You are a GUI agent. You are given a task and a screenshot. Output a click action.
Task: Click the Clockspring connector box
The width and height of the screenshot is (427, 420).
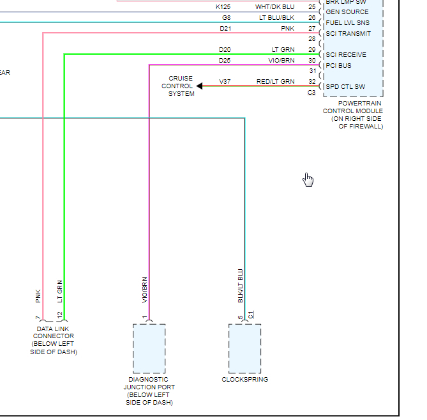point(244,348)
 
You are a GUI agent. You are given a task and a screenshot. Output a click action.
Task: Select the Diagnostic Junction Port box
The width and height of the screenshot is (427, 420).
point(149,348)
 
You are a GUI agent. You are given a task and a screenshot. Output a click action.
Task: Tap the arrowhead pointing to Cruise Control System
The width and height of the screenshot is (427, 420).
point(200,86)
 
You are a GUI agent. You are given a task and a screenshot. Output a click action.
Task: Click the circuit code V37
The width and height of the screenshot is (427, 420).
point(225,82)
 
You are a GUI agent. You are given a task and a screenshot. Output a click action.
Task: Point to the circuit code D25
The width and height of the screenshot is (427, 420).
point(225,60)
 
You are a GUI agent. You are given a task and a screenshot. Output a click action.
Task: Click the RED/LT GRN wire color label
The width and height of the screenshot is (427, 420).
point(275,82)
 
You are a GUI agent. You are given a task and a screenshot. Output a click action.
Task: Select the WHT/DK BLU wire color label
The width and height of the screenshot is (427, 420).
point(275,6)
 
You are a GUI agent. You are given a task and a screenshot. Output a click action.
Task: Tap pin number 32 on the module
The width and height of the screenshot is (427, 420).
point(311,82)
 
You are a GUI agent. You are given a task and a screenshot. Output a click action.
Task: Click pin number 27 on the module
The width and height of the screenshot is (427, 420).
point(311,29)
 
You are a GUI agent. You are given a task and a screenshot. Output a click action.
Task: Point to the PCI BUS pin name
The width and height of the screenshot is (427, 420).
point(338,66)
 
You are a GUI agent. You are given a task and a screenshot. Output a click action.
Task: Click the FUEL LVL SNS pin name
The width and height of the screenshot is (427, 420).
point(347,22)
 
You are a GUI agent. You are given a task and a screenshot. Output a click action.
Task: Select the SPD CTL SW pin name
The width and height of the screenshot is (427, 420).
point(345,86)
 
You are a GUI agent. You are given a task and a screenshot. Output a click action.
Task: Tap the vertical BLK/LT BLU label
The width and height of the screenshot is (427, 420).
point(241,286)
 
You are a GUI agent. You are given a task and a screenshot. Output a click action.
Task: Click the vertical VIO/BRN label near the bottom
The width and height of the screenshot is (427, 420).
point(145,290)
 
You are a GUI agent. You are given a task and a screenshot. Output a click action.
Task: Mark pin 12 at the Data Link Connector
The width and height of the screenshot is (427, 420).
point(59,315)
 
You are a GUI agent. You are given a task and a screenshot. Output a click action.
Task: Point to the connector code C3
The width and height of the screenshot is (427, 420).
point(311,93)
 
